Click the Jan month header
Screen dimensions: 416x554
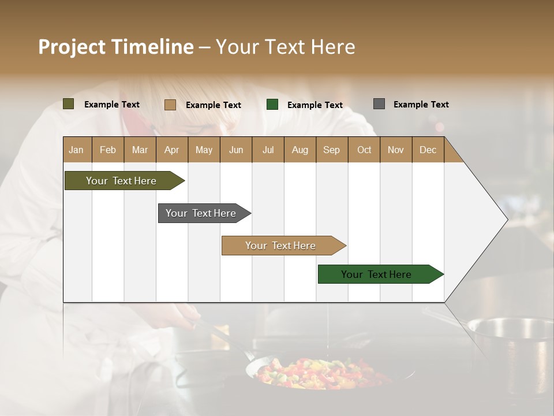pos(76,150)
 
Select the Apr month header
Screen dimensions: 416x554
pos(172,150)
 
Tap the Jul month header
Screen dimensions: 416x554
pos(268,150)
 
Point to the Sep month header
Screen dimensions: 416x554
pos(331,150)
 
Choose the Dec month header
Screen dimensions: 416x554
pos(428,150)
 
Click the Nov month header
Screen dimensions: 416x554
pos(396,150)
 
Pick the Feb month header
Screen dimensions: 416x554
pos(108,150)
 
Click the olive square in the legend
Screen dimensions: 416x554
pos(68,104)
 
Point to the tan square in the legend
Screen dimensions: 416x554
pos(170,105)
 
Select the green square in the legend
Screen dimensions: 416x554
pos(272,105)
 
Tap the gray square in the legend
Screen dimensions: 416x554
pos(379,104)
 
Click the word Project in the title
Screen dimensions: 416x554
pos(72,47)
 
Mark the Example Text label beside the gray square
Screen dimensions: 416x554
pos(421,105)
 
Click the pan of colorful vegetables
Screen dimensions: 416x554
pos(320,373)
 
